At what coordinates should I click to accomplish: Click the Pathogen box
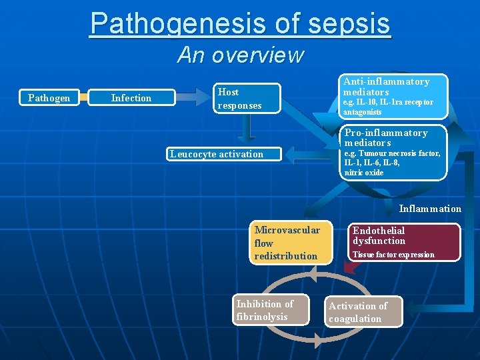49,98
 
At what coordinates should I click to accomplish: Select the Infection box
131,98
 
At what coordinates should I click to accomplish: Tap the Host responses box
247,99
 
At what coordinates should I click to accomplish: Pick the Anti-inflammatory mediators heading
386,87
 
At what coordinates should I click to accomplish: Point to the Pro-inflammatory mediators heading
386,138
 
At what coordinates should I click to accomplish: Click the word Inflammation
430,209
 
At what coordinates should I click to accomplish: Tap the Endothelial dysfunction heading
379,235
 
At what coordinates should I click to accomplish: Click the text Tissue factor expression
393,255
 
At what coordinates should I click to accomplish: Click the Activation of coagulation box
363,312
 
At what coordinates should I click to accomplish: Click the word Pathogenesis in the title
180,23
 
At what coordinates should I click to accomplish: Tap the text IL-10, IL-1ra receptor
388,102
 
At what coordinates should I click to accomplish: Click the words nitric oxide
364,173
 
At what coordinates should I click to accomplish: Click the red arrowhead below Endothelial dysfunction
349,268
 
